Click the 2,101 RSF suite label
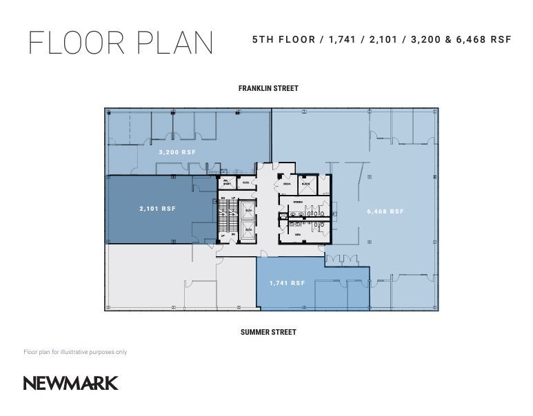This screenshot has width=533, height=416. click(157, 209)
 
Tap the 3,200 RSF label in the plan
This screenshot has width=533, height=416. click(177, 152)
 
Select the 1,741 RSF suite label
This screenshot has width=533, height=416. click(287, 283)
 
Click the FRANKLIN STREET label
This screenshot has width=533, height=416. click(268, 88)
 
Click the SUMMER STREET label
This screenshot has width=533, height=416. click(268, 332)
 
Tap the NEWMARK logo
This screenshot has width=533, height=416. click(71, 383)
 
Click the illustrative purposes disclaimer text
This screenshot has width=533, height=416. click(75, 352)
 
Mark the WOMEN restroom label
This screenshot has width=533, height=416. click(298, 202)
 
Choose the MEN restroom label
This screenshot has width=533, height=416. click(298, 234)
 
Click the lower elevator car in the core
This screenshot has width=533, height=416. click(248, 229)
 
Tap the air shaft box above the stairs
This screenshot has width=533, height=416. click(225, 183)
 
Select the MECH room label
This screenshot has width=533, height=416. click(287, 185)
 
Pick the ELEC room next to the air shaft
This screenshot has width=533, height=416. click(246, 183)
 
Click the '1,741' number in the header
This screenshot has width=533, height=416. click(343, 39)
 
